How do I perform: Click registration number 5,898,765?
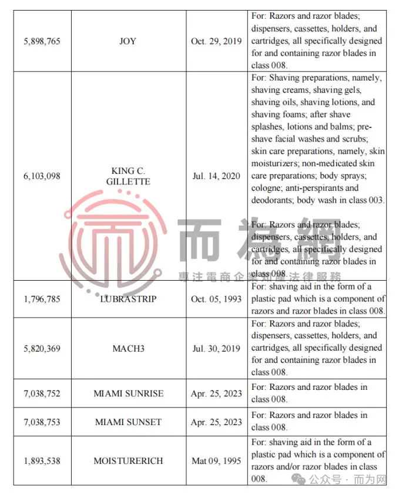coord(42,41)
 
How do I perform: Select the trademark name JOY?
coord(128,41)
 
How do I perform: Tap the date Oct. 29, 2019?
coord(216,41)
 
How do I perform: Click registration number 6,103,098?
coord(42,176)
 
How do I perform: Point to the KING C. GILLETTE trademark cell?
coord(128,176)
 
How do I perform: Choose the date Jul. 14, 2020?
coord(216,176)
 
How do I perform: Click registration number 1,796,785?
coord(42,298)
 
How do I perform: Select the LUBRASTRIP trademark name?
coord(128,298)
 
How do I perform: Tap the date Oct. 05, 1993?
coord(216,298)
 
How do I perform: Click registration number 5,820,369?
coord(42,348)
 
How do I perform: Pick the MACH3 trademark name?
coord(128,348)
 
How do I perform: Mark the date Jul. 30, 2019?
coord(216,348)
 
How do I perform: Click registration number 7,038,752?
coord(42,393)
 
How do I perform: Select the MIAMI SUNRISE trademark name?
coord(128,393)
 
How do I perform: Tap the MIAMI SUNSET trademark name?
coord(128,422)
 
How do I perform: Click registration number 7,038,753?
coord(42,422)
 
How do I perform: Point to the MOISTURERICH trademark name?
coord(128,461)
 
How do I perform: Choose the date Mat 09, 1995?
coord(216,461)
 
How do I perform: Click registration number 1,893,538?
coord(42,461)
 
